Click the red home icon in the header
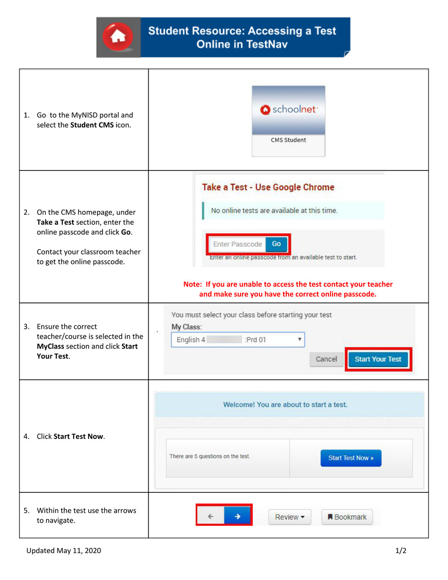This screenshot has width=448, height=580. coord(118,37)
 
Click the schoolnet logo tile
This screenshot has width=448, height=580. coord(288,110)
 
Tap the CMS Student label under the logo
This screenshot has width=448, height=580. coord(288,140)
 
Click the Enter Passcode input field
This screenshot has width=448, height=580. coord(237,244)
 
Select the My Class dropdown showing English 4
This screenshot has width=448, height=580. coord(237,340)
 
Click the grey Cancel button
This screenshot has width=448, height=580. coord(326,359)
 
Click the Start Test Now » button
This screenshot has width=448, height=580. coord(350,458)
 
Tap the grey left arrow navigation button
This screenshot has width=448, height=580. coord(211,517)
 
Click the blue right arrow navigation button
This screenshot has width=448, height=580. coord(237,517)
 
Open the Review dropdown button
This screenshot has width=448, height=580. coord(290,517)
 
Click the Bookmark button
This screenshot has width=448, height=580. coord(347,517)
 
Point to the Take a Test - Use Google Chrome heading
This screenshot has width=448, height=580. coord(268,187)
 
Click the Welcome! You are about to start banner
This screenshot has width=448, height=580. coord(289,405)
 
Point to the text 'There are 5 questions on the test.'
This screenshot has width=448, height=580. coord(210,456)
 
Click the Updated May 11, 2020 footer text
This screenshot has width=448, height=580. coord(64,551)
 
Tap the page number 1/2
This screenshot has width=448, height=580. coord(401,551)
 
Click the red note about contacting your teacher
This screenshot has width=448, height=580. coord(288,289)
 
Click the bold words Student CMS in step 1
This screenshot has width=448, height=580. coord(92,125)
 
